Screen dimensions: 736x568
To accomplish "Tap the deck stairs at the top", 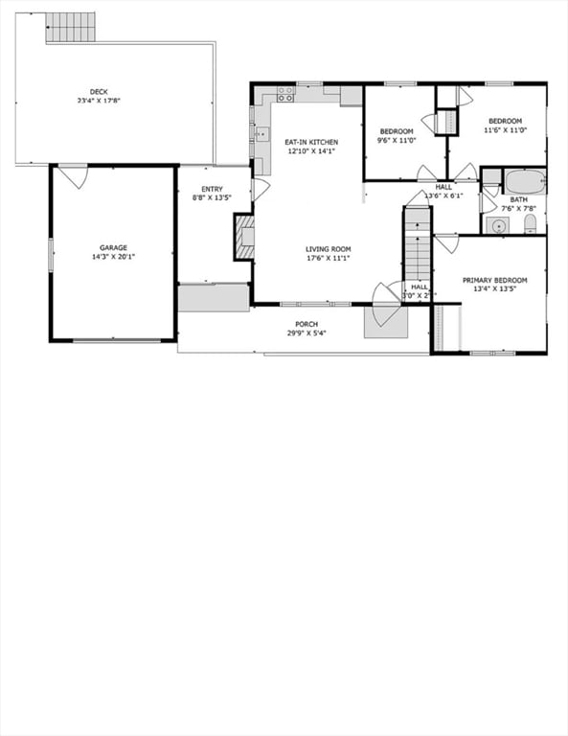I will click(x=71, y=27).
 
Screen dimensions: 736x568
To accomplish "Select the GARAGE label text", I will click(x=112, y=247).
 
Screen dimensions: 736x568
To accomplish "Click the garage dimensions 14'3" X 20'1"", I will click(x=112, y=257).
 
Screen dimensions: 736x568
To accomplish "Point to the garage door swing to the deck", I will click(x=72, y=176).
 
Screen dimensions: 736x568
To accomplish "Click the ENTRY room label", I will click(x=212, y=189).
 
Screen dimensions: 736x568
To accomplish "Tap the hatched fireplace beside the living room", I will click(x=245, y=237).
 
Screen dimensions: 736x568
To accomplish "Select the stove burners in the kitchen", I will click(x=285, y=94).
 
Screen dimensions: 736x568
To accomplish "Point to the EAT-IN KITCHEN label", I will click(x=311, y=142).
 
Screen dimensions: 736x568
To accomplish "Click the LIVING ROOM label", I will click(x=328, y=249).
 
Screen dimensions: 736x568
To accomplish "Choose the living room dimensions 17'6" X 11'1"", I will click(x=328, y=259).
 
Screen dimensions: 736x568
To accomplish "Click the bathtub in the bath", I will click(x=524, y=181).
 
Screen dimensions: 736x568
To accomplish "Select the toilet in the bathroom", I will click(x=530, y=224).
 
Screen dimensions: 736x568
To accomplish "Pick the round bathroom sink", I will click(x=496, y=225).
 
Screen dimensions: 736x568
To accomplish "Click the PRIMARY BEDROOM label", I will click(x=494, y=281).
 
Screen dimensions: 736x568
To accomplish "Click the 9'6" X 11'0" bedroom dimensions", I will click(x=396, y=141).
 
